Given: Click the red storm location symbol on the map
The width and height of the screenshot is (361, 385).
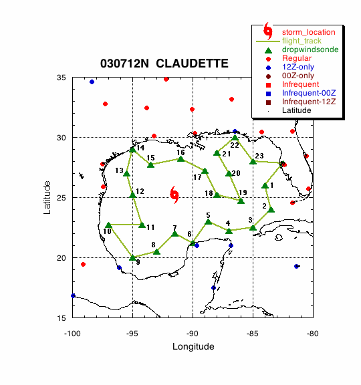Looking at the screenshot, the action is pos(174,195).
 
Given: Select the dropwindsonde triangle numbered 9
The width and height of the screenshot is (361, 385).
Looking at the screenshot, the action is pos(132,258).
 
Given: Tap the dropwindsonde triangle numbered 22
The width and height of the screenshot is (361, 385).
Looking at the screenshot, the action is pos(235,138).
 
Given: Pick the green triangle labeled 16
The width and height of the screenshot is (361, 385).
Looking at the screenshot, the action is pos(181,159).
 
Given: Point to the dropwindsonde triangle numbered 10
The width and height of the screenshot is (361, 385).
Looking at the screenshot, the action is pos(108,225).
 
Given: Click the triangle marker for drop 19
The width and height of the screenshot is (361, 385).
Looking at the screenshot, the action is pos(241,201).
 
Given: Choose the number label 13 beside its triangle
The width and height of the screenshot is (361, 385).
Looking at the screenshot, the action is pos(120,170).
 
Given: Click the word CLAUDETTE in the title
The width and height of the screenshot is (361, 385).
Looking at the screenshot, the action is pos(192,63).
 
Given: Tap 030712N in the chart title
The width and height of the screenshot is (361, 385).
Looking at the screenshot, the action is pos(124,63).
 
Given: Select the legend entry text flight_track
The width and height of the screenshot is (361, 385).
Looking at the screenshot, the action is pos(302,41).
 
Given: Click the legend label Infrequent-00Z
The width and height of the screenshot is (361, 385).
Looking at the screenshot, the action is pos(309,93).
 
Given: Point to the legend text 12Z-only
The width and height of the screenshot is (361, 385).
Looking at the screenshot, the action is pos(298,67).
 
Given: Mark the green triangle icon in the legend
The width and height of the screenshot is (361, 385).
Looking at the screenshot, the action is pos(269,50).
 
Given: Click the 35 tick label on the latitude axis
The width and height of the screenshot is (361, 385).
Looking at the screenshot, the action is pos(61,78).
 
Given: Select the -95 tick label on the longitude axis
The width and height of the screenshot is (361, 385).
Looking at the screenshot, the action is pos(132,334).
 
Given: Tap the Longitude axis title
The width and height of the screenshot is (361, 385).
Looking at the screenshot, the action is pos(193,346).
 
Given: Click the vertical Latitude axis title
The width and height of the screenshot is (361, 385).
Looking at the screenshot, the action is pos(47,197).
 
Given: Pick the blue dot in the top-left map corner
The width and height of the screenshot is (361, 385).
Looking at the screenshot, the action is pos(92,82).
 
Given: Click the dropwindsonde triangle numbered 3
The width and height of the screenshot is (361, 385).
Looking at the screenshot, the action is pos(253,228).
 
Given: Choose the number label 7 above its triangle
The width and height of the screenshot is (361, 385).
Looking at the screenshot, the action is pos(174,228).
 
